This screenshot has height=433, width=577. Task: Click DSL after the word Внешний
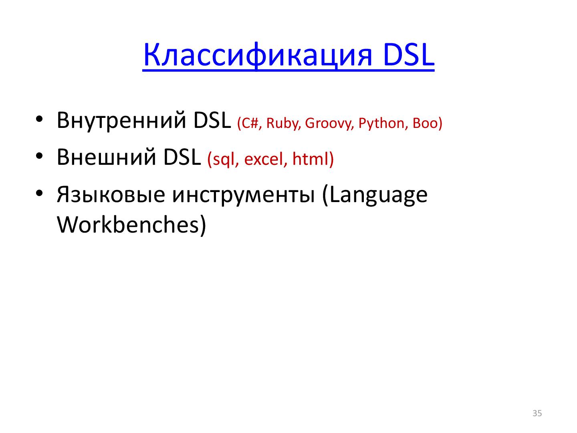click(x=182, y=157)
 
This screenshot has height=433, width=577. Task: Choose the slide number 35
click(x=537, y=413)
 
